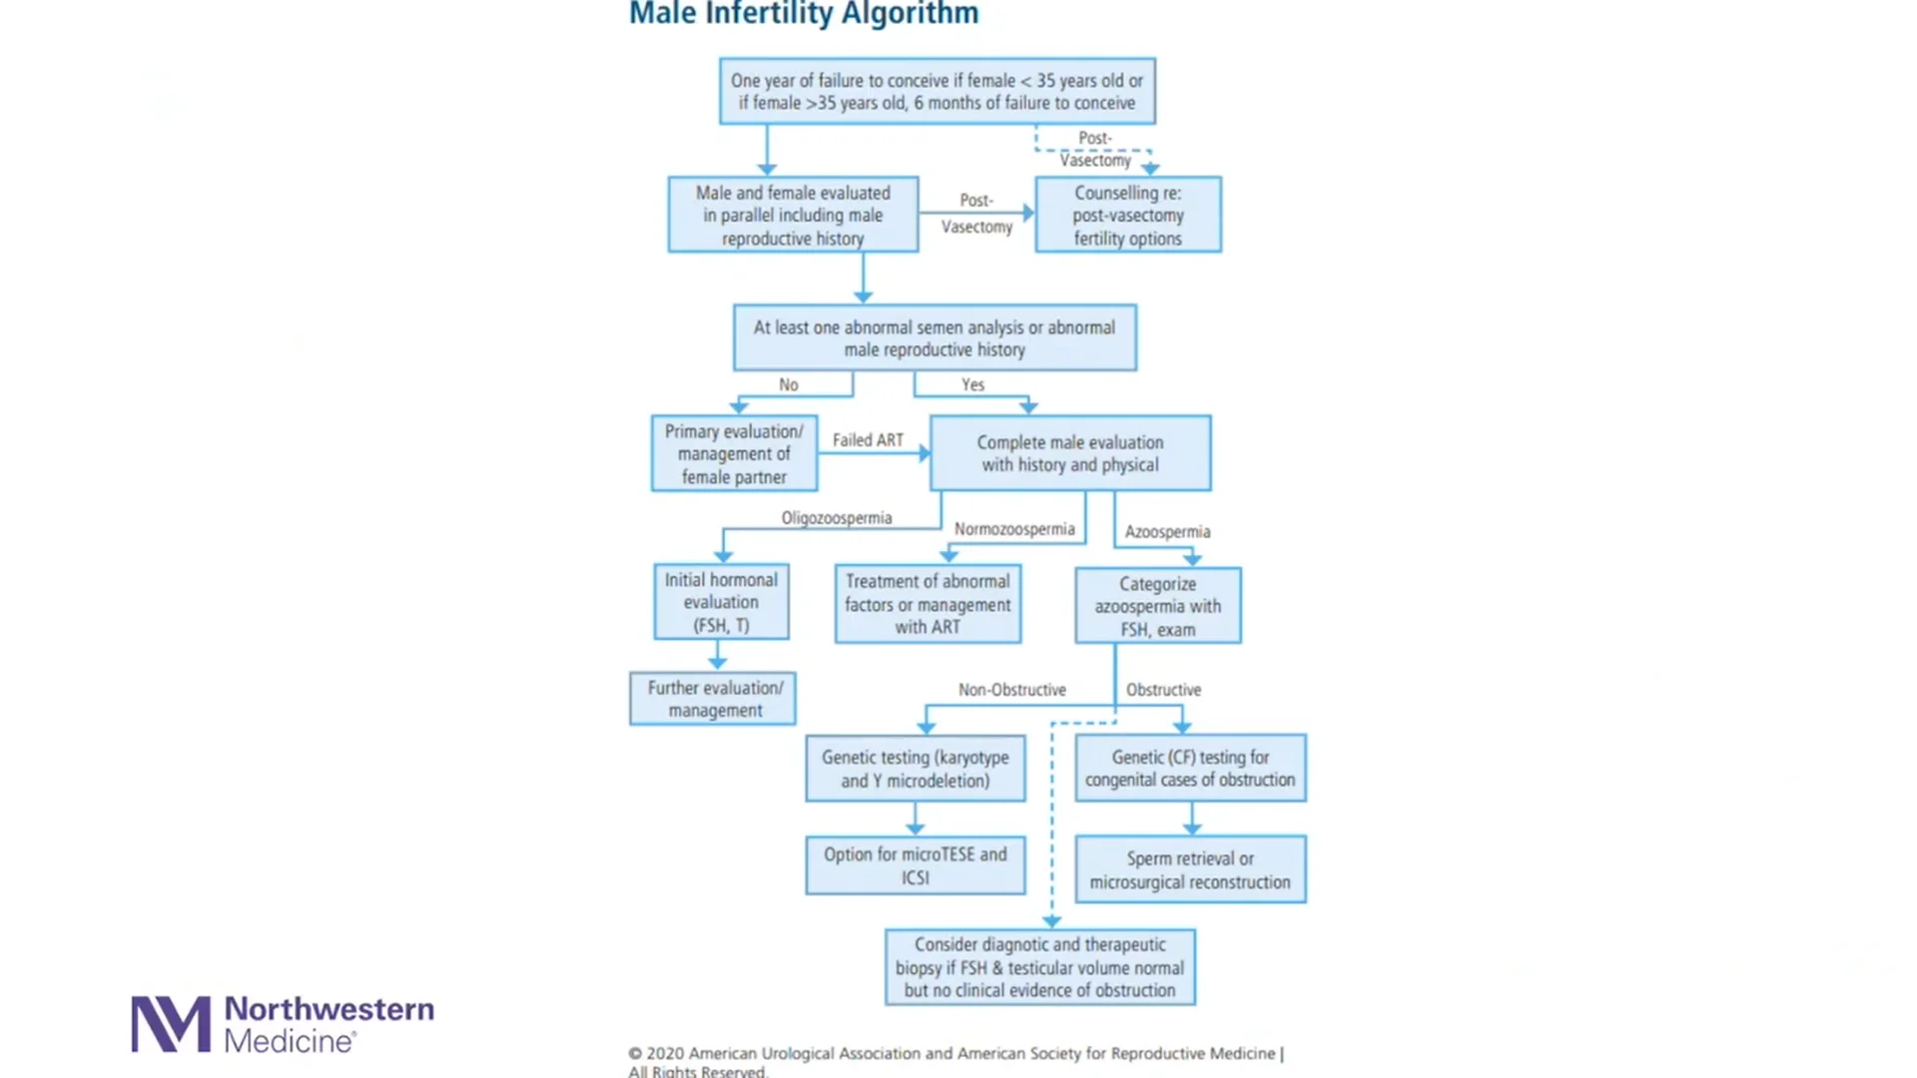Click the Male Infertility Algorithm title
coord(804,14)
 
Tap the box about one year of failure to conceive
coord(937,91)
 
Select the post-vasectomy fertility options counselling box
coord(1127,215)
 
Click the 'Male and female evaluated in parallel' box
coord(793,215)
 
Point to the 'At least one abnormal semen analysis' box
coord(935,337)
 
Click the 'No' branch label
coord(788,384)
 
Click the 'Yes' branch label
coord(972,384)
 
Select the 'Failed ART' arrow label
coord(868,440)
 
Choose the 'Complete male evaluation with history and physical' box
coord(1069,453)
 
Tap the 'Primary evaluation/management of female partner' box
coord(734,453)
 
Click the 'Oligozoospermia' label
coord(836,518)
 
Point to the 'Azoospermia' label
coord(1167,532)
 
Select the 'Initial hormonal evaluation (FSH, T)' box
coord(721,602)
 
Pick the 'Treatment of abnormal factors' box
coord(928,604)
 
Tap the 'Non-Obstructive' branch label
coord(1011,690)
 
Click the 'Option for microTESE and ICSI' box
coord(915,865)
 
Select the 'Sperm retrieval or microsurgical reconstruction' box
coord(1189,869)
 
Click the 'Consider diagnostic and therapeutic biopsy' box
coord(1039,967)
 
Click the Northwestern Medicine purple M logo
coord(171,1024)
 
